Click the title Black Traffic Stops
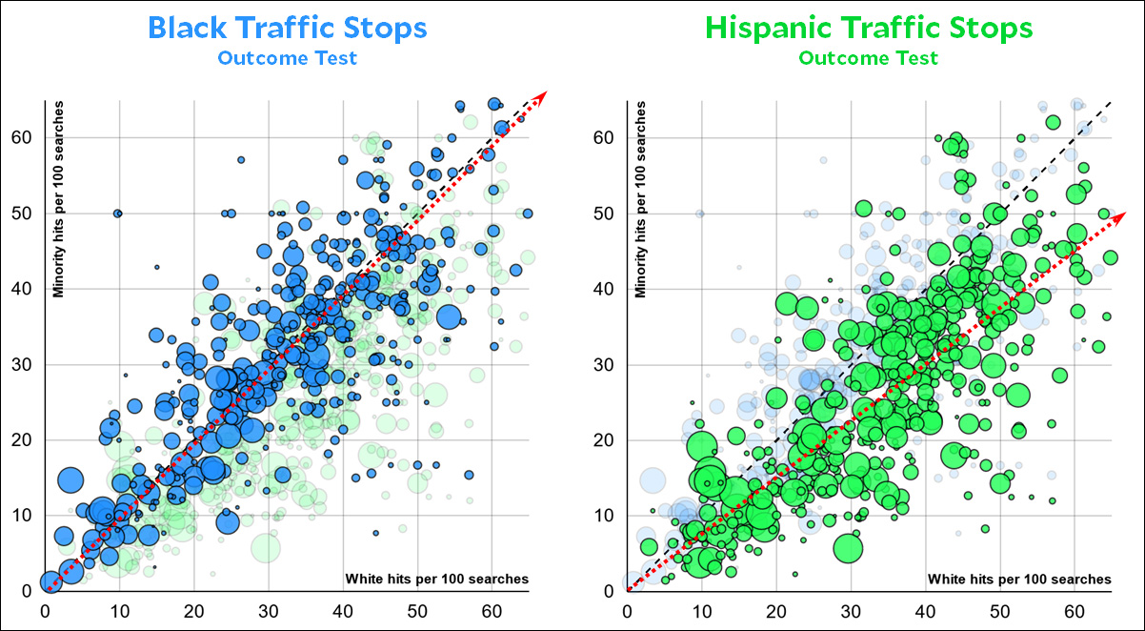[287, 28]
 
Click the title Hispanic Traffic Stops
[868, 28]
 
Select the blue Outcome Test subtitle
[287, 58]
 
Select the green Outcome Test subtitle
[868, 58]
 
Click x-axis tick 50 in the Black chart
[417, 610]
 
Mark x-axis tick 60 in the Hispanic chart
[1074, 610]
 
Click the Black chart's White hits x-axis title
[436, 579]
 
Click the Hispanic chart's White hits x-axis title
[1018, 579]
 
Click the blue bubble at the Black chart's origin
[50, 582]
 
